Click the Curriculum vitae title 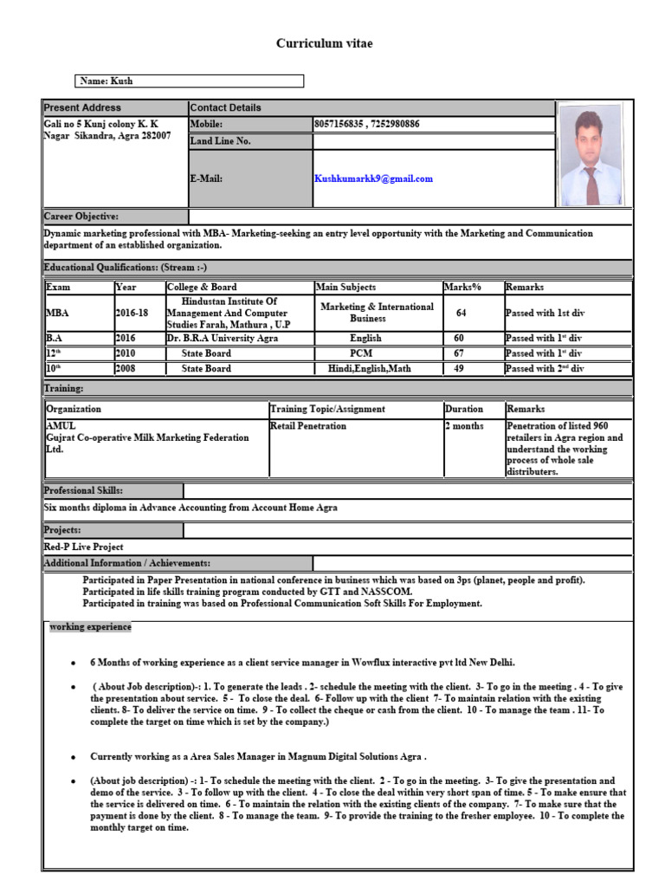[x=324, y=43]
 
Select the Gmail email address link [x=373, y=178]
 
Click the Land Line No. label [x=221, y=141]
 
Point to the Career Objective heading [x=81, y=216]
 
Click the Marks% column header [x=462, y=287]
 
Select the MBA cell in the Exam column [x=54, y=313]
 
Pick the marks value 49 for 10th [x=460, y=368]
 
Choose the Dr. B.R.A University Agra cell [x=223, y=338]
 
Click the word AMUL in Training [x=61, y=426]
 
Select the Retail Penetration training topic [x=308, y=426]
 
